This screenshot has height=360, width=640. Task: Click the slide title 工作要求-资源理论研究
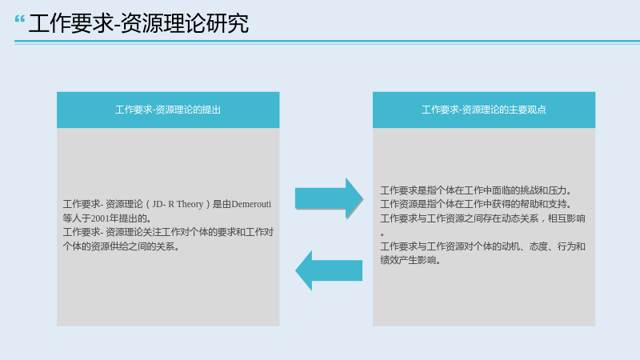coord(138,23)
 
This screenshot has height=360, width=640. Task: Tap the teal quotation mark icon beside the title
coord(19,19)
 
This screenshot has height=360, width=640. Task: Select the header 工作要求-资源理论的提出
coord(168,110)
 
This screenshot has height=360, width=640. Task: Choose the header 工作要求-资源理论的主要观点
coord(484,110)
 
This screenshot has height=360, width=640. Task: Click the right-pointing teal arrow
coord(329,198)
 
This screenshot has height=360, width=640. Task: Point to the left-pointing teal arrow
coord(329,270)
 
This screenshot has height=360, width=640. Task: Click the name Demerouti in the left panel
coord(251,204)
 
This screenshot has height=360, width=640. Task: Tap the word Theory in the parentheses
coord(190,204)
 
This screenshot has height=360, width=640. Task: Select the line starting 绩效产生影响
coord(411,260)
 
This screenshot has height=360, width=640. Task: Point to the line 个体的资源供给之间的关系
coord(122,246)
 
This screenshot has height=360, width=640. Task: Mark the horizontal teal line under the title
coord(327,42)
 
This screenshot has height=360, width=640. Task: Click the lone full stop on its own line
coord(382,234)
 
